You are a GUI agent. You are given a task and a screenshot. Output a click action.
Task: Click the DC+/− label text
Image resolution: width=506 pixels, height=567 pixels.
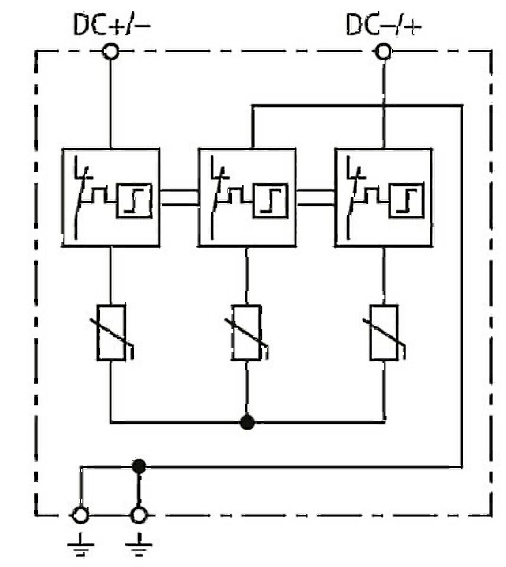click(x=112, y=25)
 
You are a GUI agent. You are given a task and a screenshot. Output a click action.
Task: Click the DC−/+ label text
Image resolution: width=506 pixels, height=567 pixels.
click(x=384, y=25)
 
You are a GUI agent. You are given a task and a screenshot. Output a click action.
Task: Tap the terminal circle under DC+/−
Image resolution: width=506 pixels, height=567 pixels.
click(x=110, y=52)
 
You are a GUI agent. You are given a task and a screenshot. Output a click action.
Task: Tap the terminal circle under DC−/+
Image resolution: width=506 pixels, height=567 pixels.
click(x=384, y=52)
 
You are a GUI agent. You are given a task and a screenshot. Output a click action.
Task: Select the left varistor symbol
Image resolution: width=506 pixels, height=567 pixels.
click(x=112, y=333)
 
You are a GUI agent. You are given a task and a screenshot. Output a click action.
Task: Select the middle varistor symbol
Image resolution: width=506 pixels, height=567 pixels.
click(x=247, y=333)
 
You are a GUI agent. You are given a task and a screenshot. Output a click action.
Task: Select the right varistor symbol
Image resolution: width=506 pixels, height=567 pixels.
click(x=384, y=333)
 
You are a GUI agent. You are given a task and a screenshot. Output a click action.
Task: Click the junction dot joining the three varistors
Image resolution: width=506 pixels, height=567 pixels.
click(x=247, y=422)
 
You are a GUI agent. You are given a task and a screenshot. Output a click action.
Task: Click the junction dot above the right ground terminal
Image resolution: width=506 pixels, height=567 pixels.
click(x=139, y=466)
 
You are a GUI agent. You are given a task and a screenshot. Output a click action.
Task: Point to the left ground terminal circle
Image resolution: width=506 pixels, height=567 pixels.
click(x=81, y=515)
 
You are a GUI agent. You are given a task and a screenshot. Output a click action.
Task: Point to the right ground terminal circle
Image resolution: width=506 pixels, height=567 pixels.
click(x=139, y=515)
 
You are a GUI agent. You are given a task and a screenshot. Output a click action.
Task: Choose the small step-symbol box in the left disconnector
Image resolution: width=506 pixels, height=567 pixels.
click(x=135, y=201)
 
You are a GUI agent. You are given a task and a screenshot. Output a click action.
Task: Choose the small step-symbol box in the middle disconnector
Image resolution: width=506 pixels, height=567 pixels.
click(x=270, y=201)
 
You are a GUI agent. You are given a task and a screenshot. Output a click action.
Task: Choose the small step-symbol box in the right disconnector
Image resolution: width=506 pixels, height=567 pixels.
click(x=407, y=201)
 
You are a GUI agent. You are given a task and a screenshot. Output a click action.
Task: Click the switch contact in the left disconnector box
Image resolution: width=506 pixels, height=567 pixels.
click(x=81, y=198)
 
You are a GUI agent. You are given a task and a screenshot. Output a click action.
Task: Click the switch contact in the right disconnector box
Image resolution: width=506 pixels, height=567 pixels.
click(x=354, y=198)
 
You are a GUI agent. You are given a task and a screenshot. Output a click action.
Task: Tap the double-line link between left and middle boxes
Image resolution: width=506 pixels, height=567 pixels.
click(x=179, y=198)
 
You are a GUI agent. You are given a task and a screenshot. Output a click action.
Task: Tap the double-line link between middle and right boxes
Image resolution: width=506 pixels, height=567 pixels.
click(x=315, y=198)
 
